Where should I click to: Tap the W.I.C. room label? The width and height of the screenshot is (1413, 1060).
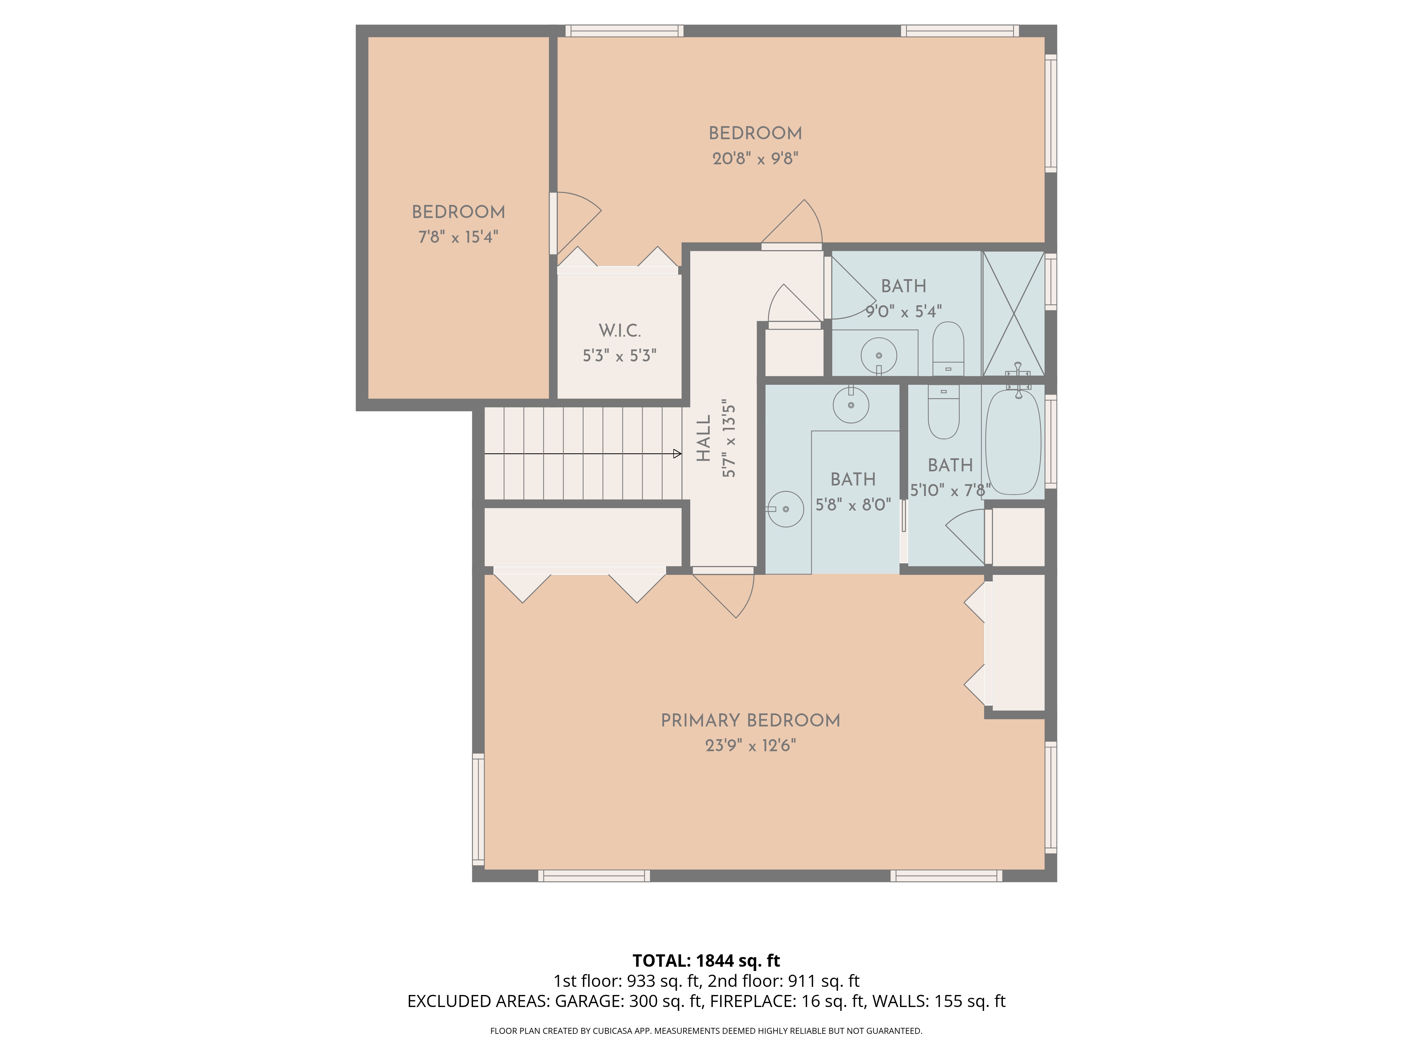coord(620,331)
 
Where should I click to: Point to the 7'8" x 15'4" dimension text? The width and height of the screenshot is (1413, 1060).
coord(458,237)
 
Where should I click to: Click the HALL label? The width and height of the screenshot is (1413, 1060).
coord(703,438)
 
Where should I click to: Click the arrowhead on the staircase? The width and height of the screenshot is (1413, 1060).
coord(677,454)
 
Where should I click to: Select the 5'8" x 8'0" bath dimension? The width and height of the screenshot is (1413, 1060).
coord(853,505)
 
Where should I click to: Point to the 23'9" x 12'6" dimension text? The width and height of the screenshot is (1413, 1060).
coord(751,746)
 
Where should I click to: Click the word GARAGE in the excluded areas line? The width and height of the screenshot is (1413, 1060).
coord(588,1001)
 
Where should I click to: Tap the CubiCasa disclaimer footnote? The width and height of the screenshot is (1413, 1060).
coord(706,1031)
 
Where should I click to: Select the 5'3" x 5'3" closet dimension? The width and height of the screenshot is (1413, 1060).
coord(620,356)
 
